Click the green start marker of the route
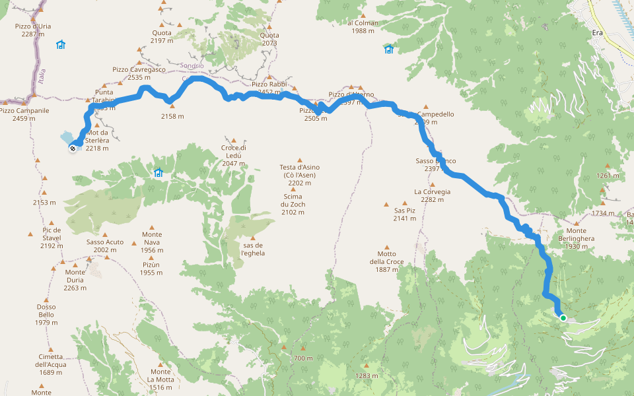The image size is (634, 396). point(563,318)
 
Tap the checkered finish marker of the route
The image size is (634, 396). point(72,148)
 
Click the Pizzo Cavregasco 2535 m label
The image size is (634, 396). point(139,73)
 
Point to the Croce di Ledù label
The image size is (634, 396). point(234,151)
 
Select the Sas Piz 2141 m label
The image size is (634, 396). point(404,214)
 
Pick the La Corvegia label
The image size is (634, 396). point(432,195)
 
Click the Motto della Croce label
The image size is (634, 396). point(386,261)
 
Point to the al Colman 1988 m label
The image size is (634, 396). point(363,26)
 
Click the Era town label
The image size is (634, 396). point(597,32)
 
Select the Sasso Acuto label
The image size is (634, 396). point(104,246)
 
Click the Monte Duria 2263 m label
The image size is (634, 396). point(75,280)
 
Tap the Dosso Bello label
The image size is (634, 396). point(46,314)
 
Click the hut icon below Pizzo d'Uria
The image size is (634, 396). point(61,45)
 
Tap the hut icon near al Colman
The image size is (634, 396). point(388,49)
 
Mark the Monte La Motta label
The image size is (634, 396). point(160,379)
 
